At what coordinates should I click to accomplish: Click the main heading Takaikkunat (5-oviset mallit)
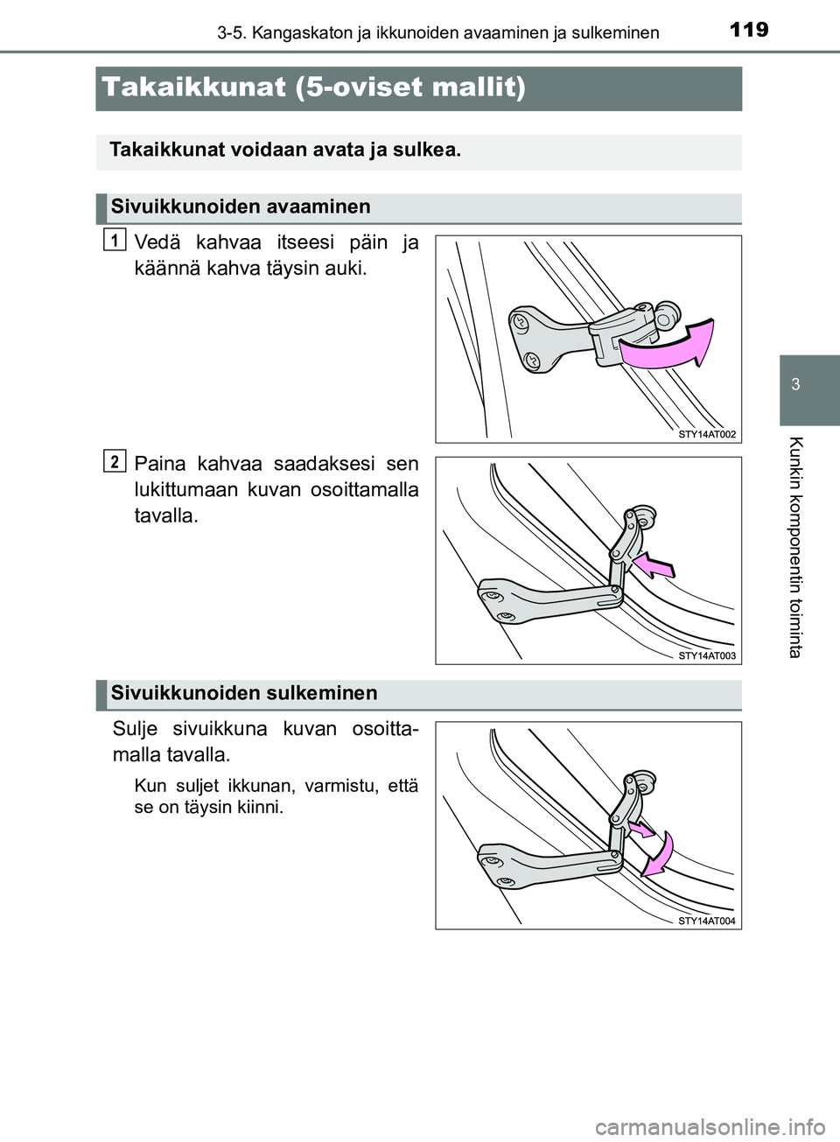[313, 88]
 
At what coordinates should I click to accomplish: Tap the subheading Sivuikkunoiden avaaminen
[241, 207]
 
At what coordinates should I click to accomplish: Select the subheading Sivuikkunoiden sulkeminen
[244, 694]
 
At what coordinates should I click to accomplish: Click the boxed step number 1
[114, 239]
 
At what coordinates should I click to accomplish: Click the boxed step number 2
[114, 460]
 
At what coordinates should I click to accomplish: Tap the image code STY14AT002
[707, 434]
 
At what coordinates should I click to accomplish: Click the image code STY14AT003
[707, 655]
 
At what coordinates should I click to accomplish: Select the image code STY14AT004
[707, 921]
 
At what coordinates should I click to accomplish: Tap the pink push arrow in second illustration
[654, 565]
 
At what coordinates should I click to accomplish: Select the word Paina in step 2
[160, 464]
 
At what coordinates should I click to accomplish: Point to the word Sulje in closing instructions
[136, 729]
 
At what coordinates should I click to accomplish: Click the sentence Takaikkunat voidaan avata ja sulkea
[285, 151]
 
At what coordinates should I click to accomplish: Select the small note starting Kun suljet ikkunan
[276, 796]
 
